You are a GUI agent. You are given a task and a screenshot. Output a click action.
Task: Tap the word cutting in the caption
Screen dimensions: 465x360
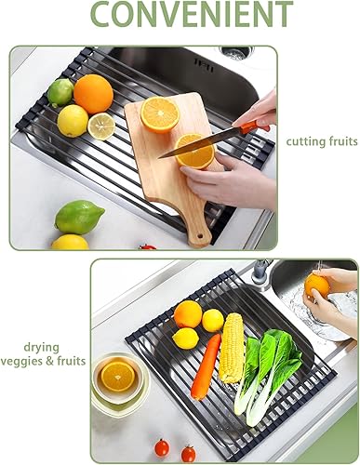click(303, 141)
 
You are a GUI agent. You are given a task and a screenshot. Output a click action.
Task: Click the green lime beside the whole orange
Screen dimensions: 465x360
click(60, 91)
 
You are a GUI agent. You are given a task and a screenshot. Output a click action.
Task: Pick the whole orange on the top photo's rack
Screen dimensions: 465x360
click(93, 93)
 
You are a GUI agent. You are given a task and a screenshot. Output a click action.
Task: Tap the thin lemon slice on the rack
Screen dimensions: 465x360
click(100, 126)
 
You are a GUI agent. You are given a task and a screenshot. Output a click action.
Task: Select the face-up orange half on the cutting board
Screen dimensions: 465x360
click(160, 114)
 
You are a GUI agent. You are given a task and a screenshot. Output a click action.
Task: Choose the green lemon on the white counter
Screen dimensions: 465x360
click(79, 217)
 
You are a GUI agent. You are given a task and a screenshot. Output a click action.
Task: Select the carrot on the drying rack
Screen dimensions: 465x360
click(207, 365)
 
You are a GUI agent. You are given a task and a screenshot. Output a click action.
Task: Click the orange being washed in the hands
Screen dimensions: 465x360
click(317, 286)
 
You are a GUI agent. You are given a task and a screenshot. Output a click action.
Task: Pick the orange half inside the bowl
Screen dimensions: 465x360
click(117, 376)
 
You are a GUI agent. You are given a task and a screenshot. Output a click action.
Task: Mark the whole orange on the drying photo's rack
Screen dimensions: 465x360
click(188, 314)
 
